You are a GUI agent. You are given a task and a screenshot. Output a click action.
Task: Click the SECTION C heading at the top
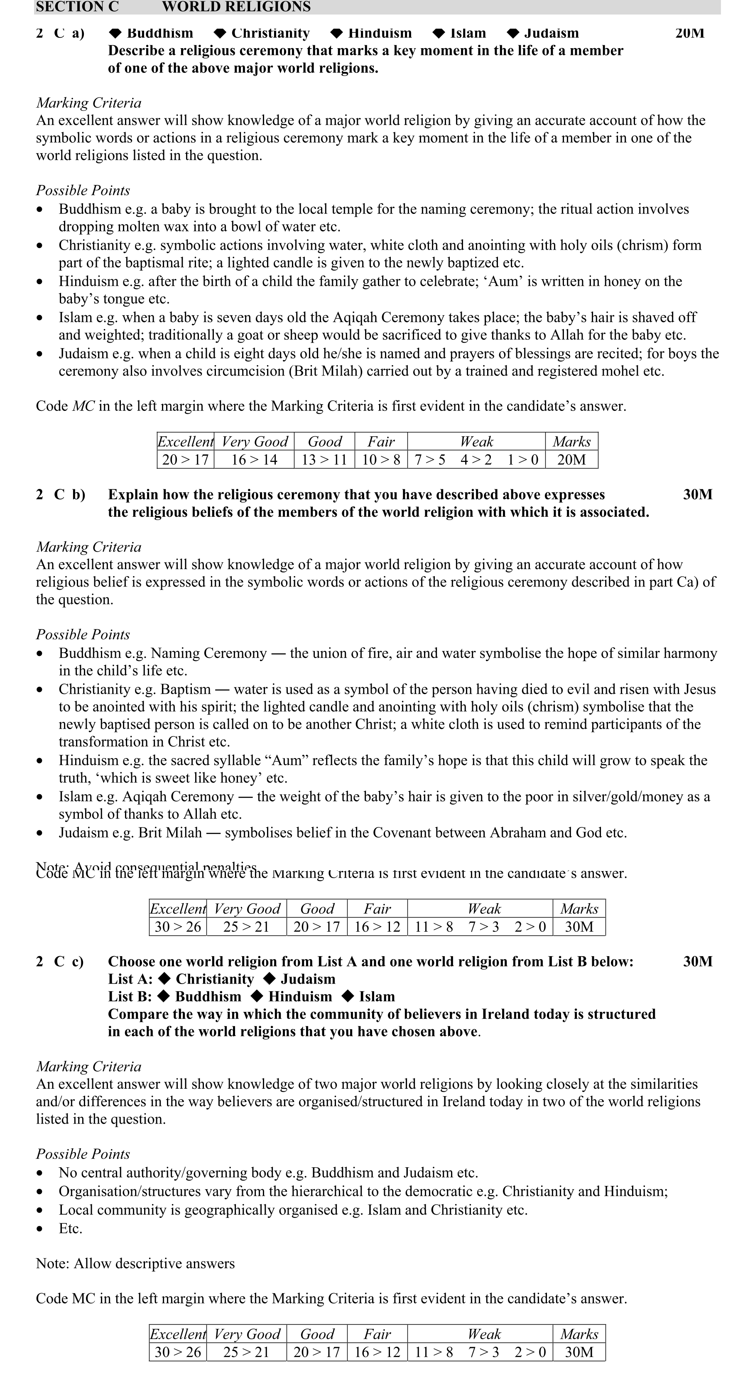click(78, 7)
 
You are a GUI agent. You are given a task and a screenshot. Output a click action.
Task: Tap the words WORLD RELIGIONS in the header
click(236, 7)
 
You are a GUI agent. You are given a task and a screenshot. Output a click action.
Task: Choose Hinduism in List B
click(300, 997)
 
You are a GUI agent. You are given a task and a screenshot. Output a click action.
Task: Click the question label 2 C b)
click(60, 494)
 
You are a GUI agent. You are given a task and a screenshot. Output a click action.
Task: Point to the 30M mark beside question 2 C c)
click(697, 962)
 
